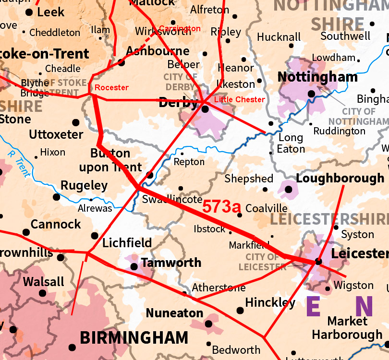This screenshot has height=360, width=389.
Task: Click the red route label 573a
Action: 221,207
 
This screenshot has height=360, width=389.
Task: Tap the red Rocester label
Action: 111,87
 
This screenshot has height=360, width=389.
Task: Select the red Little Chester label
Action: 239,99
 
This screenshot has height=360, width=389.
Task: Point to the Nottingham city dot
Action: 311,94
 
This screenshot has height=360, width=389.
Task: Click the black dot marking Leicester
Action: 318,262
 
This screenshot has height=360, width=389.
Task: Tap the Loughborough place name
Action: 340,178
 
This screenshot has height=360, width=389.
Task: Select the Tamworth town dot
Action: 134,266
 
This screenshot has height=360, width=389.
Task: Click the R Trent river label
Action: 19,163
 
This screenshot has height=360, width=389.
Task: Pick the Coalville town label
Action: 266,208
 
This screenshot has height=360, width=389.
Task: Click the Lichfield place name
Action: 128,243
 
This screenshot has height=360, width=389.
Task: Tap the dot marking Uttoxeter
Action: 75,122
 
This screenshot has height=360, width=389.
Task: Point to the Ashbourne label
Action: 158,51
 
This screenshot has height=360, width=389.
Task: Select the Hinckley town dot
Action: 240,311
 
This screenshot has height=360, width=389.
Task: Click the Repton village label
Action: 189,162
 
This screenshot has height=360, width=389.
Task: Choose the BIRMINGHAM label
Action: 134,337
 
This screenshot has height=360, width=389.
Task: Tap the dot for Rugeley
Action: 56,197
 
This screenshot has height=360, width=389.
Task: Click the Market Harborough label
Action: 347,327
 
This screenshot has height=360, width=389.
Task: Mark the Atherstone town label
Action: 219,288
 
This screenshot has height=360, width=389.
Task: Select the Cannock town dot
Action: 26,232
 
